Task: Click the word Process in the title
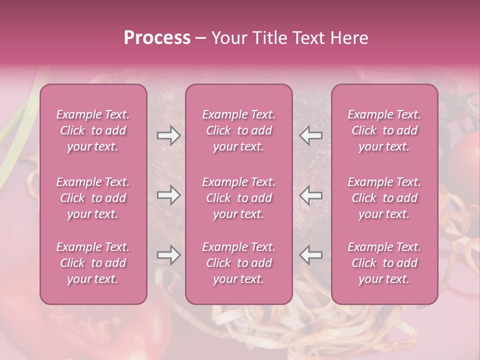click(x=157, y=38)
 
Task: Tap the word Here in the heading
click(x=348, y=38)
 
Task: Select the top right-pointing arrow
click(x=168, y=135)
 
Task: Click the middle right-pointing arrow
click(x=168, y=195)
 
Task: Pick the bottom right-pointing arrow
click(x=168, y=255)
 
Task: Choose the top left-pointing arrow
click(x=310, y=135)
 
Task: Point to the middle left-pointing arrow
click(x=310, y=195)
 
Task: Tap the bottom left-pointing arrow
click(x=310, y=255)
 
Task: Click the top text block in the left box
click(x=93, y=130)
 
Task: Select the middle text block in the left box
click(x=93, y=198)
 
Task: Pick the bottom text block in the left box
click(x=93, y=263)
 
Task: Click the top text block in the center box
click(x=239, y=130)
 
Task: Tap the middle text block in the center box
click(x=239, y=198)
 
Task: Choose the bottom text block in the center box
click(x=239, y=263)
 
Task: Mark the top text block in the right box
click(x=384, y=130)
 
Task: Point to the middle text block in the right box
click(x=384, y=198)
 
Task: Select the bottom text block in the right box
click(x=384, y=263)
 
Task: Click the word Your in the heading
click(x=228, y=38)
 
